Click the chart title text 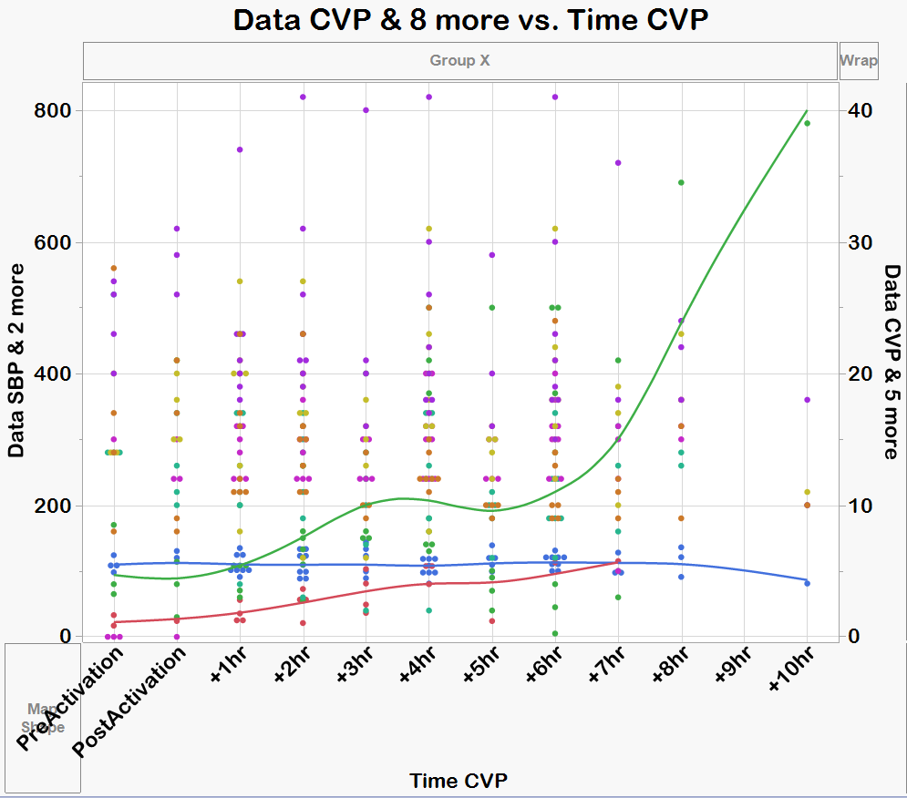point(470,20)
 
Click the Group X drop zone point(460,61)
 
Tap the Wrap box point(859,61)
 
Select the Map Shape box point(44,717)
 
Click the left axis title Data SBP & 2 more point(15,361)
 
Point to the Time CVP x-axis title point(459,781)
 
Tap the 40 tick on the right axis point(858,110)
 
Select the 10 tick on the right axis point(858,506)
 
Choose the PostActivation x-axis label point(133,701)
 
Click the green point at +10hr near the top point(808,124)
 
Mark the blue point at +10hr point(808,583)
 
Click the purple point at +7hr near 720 point(618,162)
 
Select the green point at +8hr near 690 point(681,182)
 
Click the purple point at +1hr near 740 point(240,149)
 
